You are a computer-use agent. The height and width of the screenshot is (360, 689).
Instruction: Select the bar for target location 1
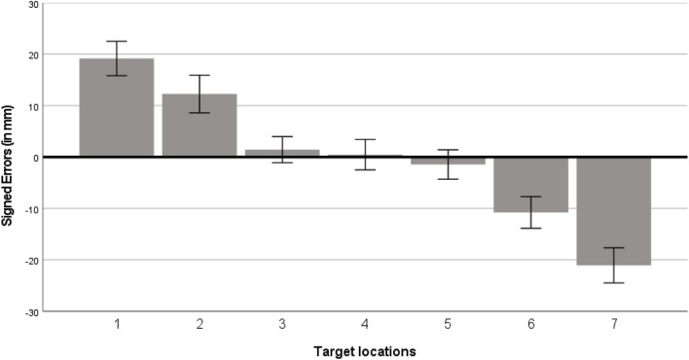(116, 107)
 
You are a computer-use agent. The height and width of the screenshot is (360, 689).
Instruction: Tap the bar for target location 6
(530, 184)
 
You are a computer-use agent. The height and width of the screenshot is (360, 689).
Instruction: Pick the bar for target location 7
(613, 210)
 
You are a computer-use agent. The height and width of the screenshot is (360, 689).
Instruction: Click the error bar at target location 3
(281, 149)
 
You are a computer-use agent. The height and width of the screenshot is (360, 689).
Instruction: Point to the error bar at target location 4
(364, 154)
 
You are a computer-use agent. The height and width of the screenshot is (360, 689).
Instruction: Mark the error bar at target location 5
(448, 163)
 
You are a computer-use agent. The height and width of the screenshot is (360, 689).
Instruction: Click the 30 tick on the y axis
(33, 4)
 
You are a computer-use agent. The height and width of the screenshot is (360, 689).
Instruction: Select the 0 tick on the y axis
(36, 157)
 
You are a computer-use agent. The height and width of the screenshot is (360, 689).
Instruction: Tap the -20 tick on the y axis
(31, 260)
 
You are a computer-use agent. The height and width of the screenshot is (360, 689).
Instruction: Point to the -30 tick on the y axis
(31, 311)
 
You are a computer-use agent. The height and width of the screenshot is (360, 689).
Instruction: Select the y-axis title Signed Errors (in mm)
(9, 157)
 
